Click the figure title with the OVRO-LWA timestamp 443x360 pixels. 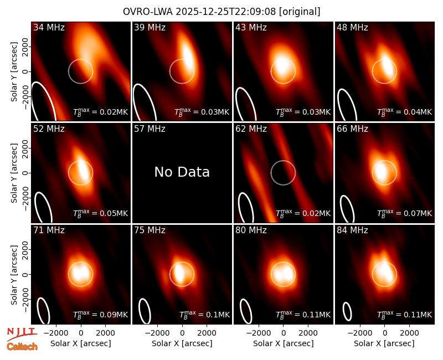(221, 12)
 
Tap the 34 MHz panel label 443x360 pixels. (49, 27)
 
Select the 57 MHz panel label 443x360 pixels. (150, 129)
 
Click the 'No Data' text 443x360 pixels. (182, 172)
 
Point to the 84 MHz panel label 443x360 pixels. (352, 230)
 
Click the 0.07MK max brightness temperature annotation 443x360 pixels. (405, 213)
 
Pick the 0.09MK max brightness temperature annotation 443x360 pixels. (101, 315)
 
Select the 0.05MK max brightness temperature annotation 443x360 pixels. (101, 213)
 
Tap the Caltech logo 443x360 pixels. (22, 347)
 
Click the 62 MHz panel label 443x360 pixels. (251, 129)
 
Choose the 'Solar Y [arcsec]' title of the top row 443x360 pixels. (14, 72)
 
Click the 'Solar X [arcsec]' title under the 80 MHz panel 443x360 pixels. (284, 343)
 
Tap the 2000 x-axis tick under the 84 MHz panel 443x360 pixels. (409, 333)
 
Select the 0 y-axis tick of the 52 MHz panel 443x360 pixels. (25, 173)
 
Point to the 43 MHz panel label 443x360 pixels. (251, 27)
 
